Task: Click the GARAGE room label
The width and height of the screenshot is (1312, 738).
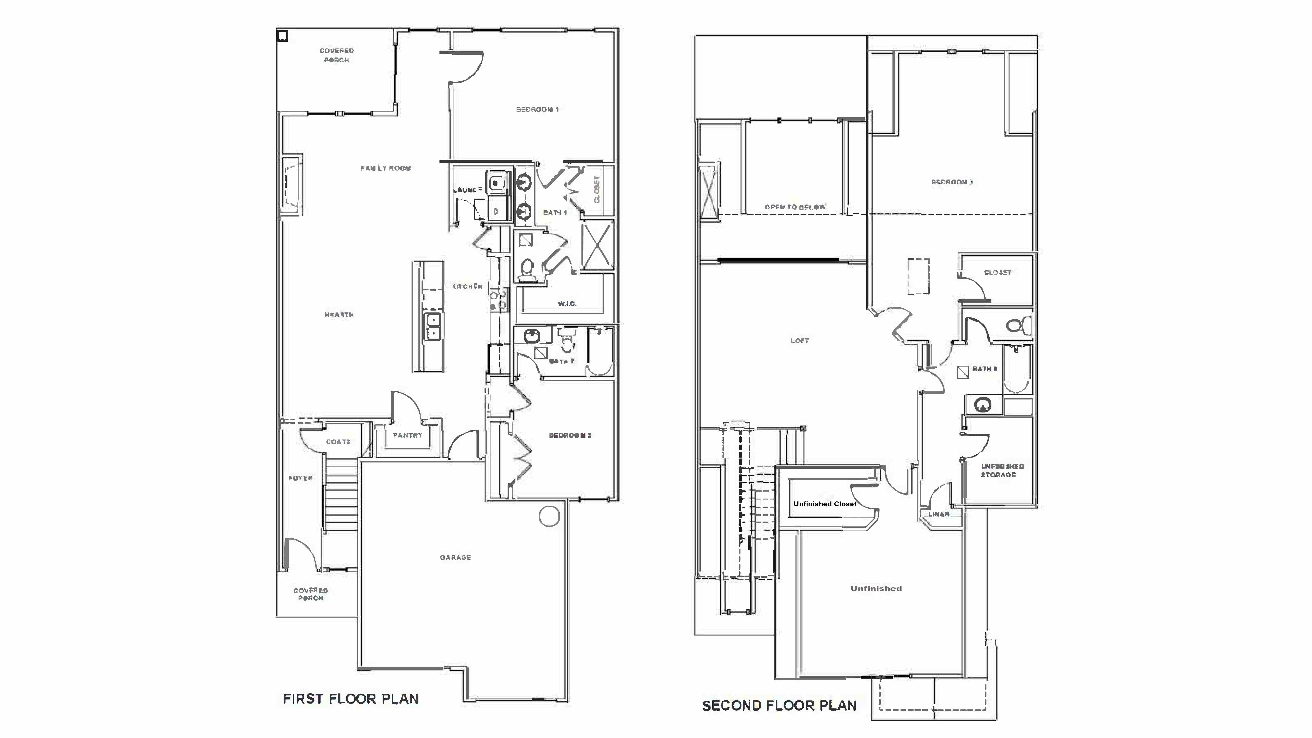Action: (x=455, y=558)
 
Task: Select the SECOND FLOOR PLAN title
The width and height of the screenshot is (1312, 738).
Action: (x=779, y=706)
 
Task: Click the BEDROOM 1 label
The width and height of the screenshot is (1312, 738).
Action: (x=537, y=109)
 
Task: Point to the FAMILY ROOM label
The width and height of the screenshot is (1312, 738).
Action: (x=386, y=168)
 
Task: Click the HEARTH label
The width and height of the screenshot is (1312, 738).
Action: (x=339, y=315)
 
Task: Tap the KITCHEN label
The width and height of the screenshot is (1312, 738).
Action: (x=467, y=286)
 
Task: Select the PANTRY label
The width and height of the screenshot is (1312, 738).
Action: (x=407, y=436)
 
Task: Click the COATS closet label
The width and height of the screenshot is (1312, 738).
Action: (x=338, y=442)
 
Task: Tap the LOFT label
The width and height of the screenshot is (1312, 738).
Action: (x=800, y=340)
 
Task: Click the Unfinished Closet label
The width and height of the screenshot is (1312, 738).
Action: (x=825, y=504)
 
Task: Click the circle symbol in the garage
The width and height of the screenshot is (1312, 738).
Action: (x=549, y=516)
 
